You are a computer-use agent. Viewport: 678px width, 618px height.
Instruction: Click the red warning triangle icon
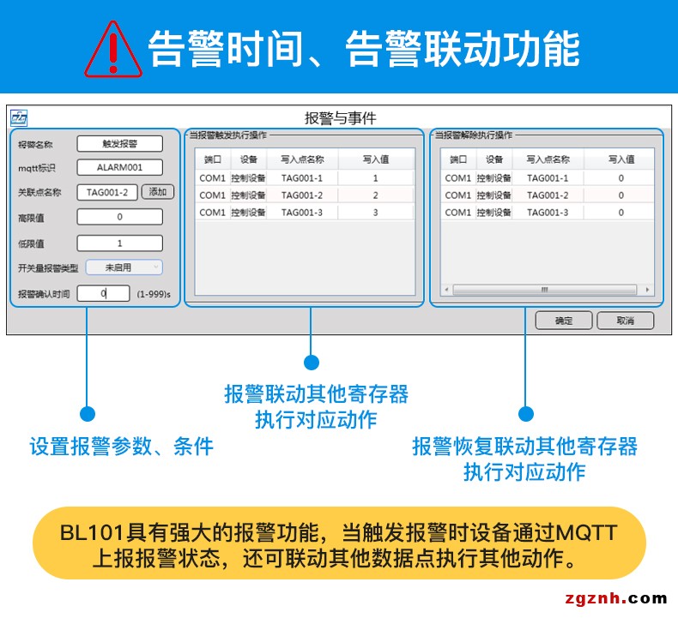[112, 49]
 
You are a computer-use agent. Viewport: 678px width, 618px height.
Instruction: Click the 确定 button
[564, 321]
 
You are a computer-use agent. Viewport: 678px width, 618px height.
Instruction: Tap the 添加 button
[158, 192]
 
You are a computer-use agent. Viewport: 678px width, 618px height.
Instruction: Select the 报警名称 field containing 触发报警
[119, 144]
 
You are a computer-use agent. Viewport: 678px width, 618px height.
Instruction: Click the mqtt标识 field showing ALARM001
[119, 168]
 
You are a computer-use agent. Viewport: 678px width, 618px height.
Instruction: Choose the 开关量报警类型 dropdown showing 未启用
[124, 267]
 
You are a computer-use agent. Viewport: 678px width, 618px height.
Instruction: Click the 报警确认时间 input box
[103, 293]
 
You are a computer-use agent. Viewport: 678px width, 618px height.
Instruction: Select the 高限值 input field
[119, 217]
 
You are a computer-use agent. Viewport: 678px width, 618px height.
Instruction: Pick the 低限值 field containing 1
[119, 243]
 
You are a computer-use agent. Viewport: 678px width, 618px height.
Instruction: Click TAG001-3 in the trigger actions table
[302, 212]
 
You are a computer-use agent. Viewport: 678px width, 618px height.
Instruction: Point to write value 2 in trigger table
[375, 195]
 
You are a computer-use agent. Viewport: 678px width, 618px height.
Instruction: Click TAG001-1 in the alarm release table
[548, 178]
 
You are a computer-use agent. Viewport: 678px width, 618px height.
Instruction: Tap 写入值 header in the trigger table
[376, 159]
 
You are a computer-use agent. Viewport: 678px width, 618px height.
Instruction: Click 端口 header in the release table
[457, 159]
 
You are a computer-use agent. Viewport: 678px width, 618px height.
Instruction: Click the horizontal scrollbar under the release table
[544, 290]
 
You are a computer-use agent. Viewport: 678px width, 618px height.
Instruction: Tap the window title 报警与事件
[341, 118]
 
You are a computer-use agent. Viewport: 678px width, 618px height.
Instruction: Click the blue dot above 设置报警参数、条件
[87, 414]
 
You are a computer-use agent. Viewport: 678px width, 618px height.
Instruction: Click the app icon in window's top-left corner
[19, 118]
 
